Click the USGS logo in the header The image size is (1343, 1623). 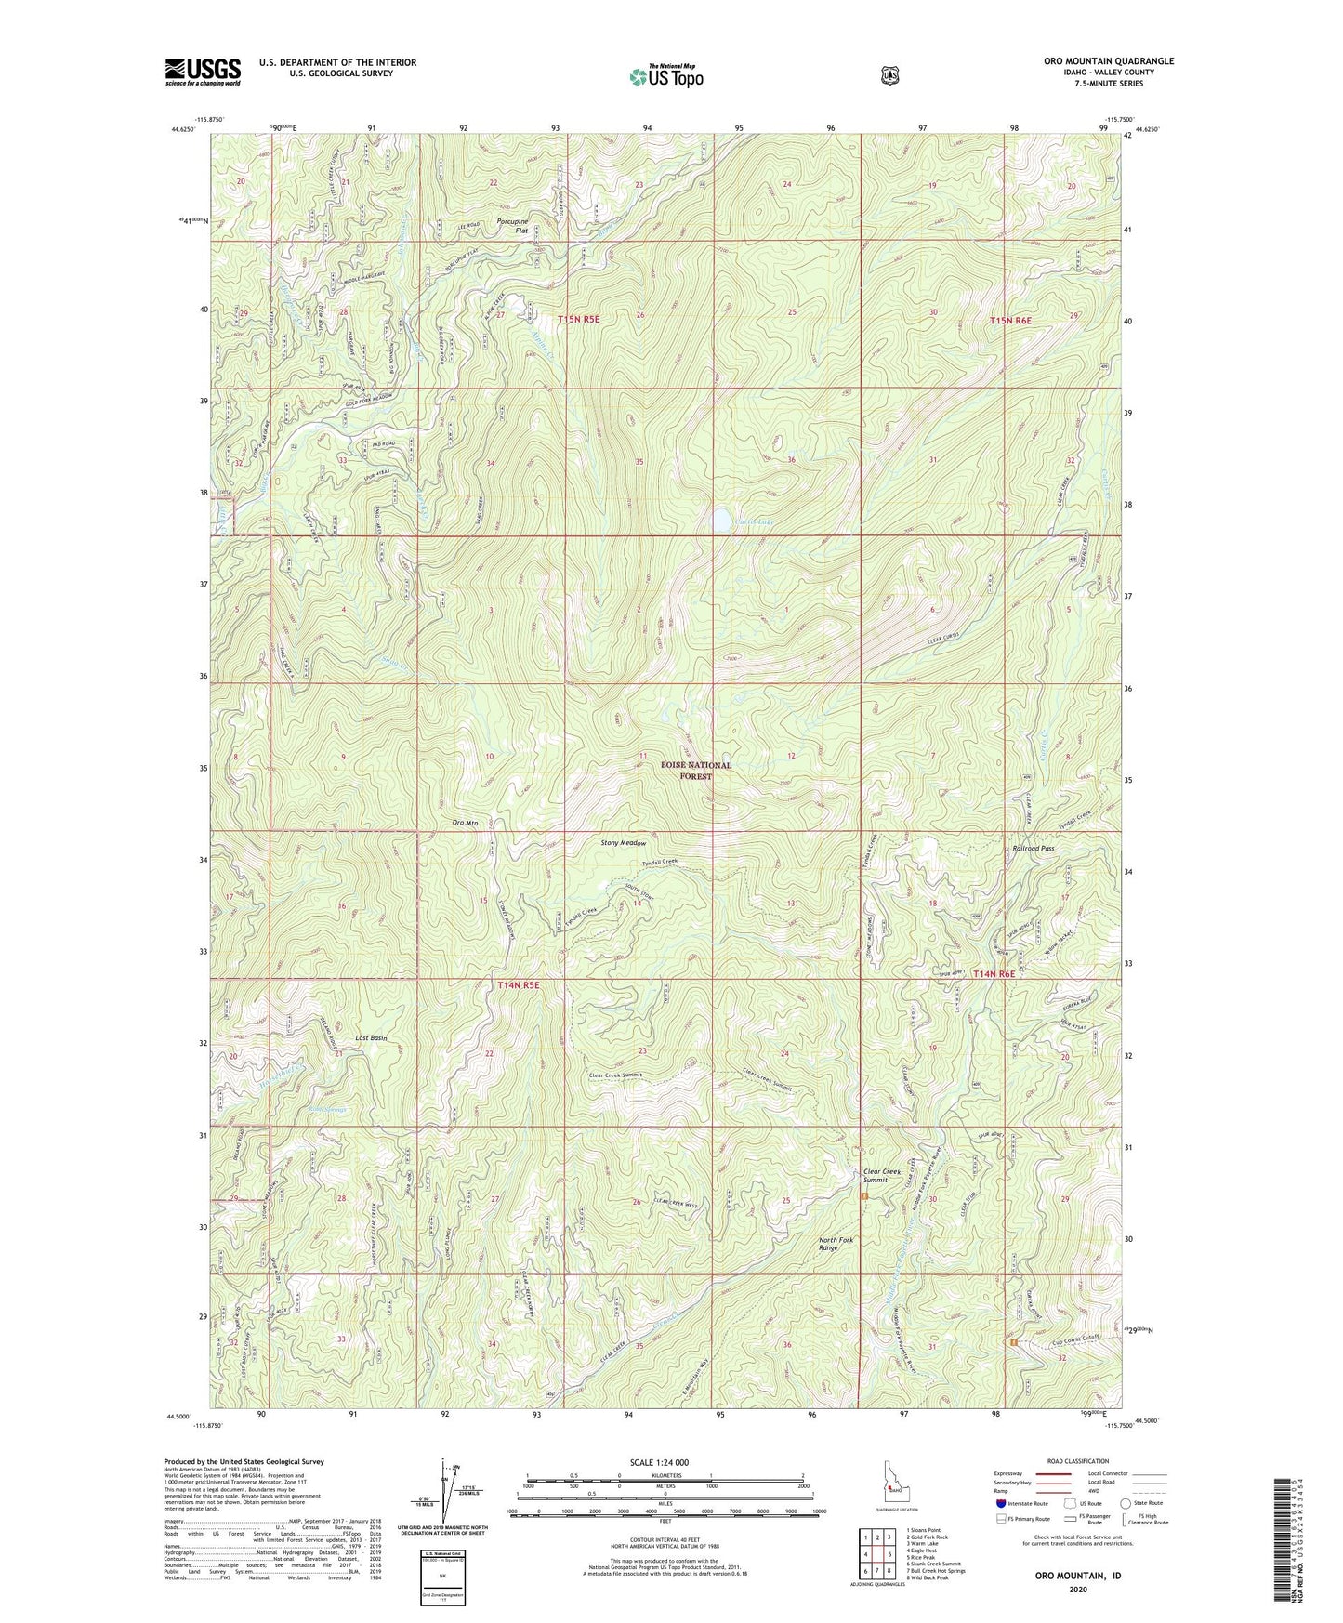tap(203, 72)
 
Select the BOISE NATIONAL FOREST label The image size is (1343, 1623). tap(696, 770)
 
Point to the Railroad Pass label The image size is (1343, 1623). tap(1033, 849)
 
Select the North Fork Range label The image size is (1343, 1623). tap(836, 1244)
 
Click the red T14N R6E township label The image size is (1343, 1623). tap(994, 973)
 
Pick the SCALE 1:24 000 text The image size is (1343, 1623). tap(659, 1463)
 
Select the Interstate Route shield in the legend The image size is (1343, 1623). tap(999, 1502)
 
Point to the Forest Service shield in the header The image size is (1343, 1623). tap(889, 74)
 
